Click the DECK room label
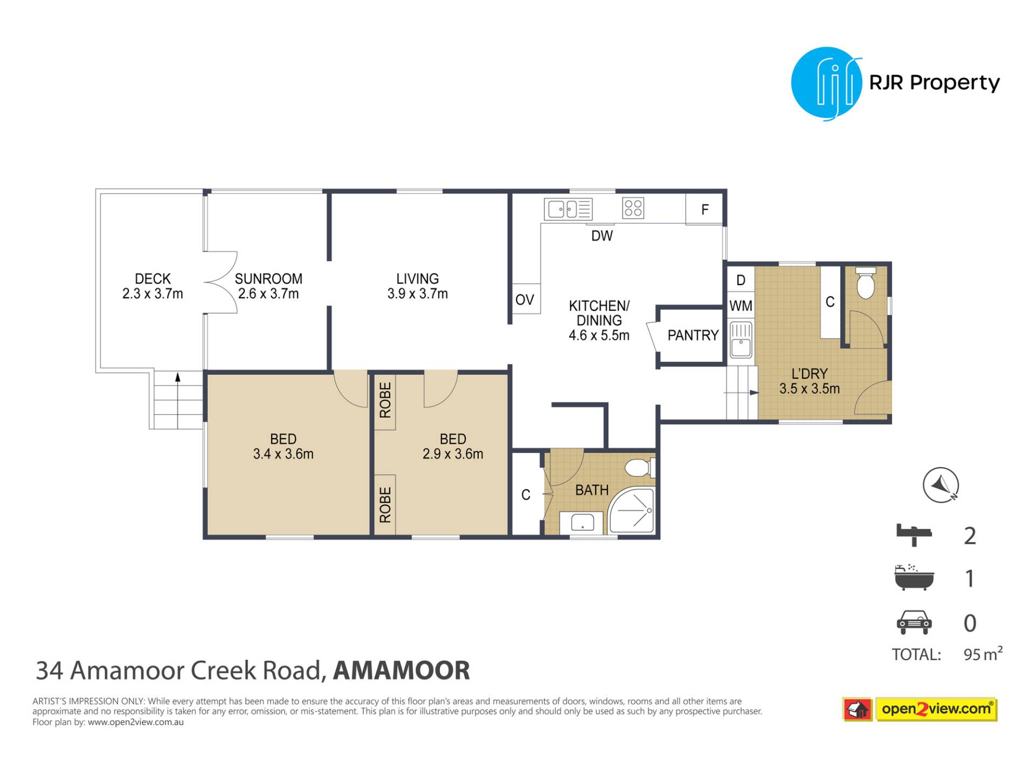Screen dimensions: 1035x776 153,279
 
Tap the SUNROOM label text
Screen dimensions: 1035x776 268,279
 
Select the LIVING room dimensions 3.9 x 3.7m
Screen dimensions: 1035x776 417,294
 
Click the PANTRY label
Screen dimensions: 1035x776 693,335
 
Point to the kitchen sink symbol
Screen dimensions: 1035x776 568,209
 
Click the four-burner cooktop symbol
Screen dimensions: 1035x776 633,208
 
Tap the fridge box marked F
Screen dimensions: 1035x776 704,209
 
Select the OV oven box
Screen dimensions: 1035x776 526,299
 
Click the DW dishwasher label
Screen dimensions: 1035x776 602,235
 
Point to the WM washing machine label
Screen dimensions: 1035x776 741,306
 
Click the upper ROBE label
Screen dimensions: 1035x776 385,400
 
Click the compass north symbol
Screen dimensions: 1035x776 941,485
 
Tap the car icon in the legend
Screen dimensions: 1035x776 914,622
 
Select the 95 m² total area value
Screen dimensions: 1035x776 983,654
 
